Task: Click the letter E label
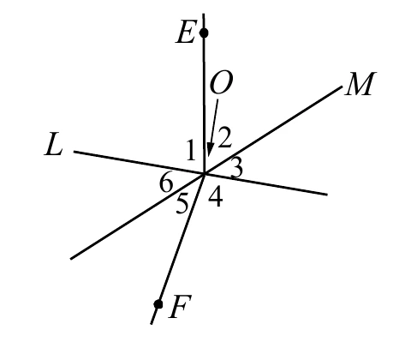(x=186, y=33)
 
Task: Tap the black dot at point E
(x=204, y=33)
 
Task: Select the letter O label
(x=221, y=82)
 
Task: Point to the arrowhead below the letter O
(x=210, y=151)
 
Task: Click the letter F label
(x=180, y=306)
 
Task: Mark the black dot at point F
(x=158, y=304)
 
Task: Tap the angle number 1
(x=190, y=150)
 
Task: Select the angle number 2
(x=224, y=138)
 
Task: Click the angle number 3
(x=236, y=169)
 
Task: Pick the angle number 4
(x=215, y=196)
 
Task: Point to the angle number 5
(x=182, y=203)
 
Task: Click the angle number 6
(x=166, y=183)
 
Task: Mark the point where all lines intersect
(x=205, y=173)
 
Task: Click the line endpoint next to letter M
(x=342, y=87)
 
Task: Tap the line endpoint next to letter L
(x=74, y=152)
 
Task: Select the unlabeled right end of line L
(x=327, y=195)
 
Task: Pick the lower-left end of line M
(x=71, y=259)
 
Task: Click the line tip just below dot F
(x=151, y=324)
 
